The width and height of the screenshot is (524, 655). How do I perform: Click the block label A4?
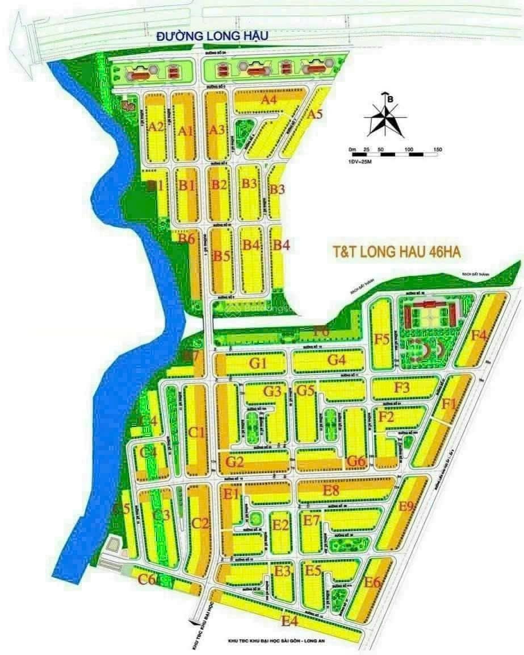click(x=268, y=100)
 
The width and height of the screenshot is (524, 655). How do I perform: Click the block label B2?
click(x=219, y=185)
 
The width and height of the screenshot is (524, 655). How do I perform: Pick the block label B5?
click(x=221, y=256)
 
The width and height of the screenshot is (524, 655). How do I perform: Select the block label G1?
click(x=258, y=362)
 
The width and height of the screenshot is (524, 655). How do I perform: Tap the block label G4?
click(x=336, y=360)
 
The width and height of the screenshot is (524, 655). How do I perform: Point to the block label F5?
click(x=382, y=340)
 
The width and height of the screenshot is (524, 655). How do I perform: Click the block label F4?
click(x=479, y=335)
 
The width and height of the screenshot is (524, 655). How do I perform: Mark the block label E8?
click(x=330, y=490)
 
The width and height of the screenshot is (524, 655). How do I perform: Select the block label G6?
click(x=355, y=461)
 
